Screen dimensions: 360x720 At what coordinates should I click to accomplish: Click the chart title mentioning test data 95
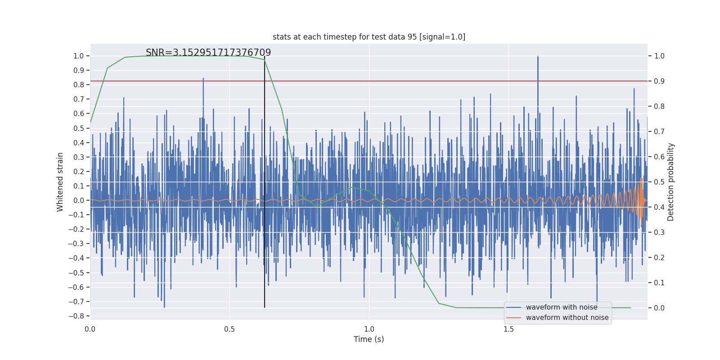(369, 37)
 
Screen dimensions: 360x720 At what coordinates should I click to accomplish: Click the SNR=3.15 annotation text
(208, 53)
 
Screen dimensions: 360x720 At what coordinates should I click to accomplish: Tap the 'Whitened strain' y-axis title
(60, 182)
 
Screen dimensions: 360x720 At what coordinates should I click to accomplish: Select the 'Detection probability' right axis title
(671, 182)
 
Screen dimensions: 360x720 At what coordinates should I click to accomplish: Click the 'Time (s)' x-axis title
(369, 339)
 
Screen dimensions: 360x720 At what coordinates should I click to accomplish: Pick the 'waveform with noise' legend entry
(561, 307)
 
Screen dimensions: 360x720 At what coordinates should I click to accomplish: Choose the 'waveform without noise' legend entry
(567, 318)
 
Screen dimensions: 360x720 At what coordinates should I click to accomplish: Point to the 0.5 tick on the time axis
(229, 329)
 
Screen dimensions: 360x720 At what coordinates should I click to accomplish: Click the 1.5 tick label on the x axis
(508, 329)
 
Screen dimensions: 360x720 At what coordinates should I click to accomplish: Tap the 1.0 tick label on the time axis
(369, 329)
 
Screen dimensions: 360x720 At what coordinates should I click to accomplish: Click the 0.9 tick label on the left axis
(79, 70)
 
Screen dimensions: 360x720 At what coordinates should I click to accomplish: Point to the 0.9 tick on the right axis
(659, 81)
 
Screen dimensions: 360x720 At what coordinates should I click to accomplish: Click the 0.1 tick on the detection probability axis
(659, 283)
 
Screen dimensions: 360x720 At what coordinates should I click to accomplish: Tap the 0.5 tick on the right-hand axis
(659, 182)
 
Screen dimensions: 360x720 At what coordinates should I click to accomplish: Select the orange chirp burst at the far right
(641, 200)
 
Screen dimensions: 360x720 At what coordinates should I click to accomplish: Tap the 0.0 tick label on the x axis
(90, 329)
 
